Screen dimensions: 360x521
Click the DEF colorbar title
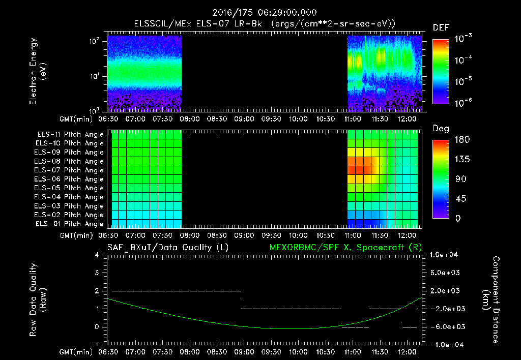[x=441, y=27]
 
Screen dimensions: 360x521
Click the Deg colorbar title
[x=441, y=129]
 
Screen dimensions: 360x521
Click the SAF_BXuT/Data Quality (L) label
[x=167, y=248]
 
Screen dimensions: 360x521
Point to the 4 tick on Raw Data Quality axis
[x=97, y=255]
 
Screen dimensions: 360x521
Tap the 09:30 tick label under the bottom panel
[x=271, y=351]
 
